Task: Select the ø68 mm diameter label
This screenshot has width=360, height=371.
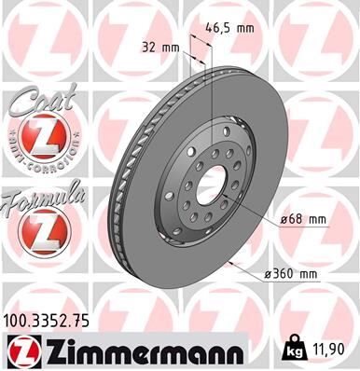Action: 303,219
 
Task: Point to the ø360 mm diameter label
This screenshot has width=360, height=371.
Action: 290,273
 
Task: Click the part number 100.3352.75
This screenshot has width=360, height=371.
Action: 49,319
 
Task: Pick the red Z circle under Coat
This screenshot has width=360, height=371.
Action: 39,140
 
